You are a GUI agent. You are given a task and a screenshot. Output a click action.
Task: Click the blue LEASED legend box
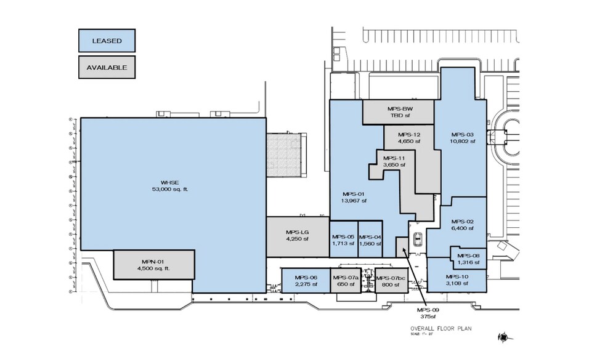point(107,41)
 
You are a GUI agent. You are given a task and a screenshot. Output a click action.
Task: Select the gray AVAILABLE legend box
point(107,67)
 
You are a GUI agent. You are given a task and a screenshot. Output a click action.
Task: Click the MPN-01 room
point(154,265)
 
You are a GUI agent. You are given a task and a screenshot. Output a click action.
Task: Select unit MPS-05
point(343,239)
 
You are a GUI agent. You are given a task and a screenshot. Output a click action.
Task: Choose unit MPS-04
point(370,239)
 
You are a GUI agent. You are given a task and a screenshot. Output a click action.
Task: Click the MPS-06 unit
point(306,280)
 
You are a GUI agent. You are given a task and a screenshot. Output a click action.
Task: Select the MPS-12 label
point(408,138)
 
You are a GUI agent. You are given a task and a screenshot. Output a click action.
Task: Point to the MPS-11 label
point(394,161)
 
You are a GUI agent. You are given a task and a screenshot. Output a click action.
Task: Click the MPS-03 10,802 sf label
point(463,138)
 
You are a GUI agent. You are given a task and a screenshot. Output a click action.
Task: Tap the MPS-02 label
point(462,224)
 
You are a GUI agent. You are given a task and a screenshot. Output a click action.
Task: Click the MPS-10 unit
point(457,280)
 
